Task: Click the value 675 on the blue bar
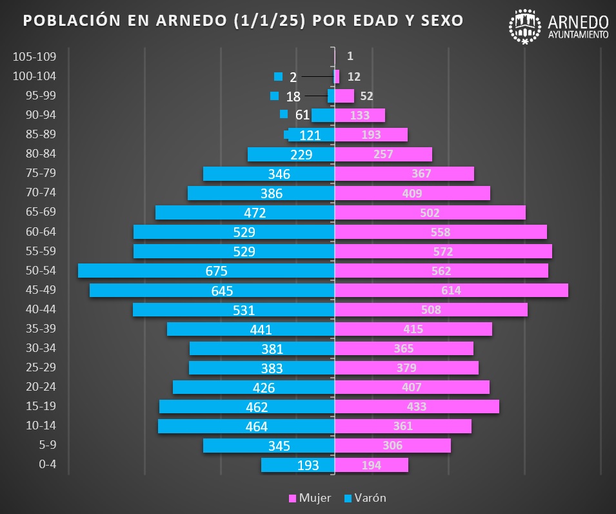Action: [x=216, y=271]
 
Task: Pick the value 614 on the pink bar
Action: [x=451, y=291]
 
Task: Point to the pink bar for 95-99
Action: [x=344, y=96]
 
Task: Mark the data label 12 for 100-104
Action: [x=353, y=77]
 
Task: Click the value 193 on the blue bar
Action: [x=308, y=466]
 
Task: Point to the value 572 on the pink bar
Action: [x=442, y=252]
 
